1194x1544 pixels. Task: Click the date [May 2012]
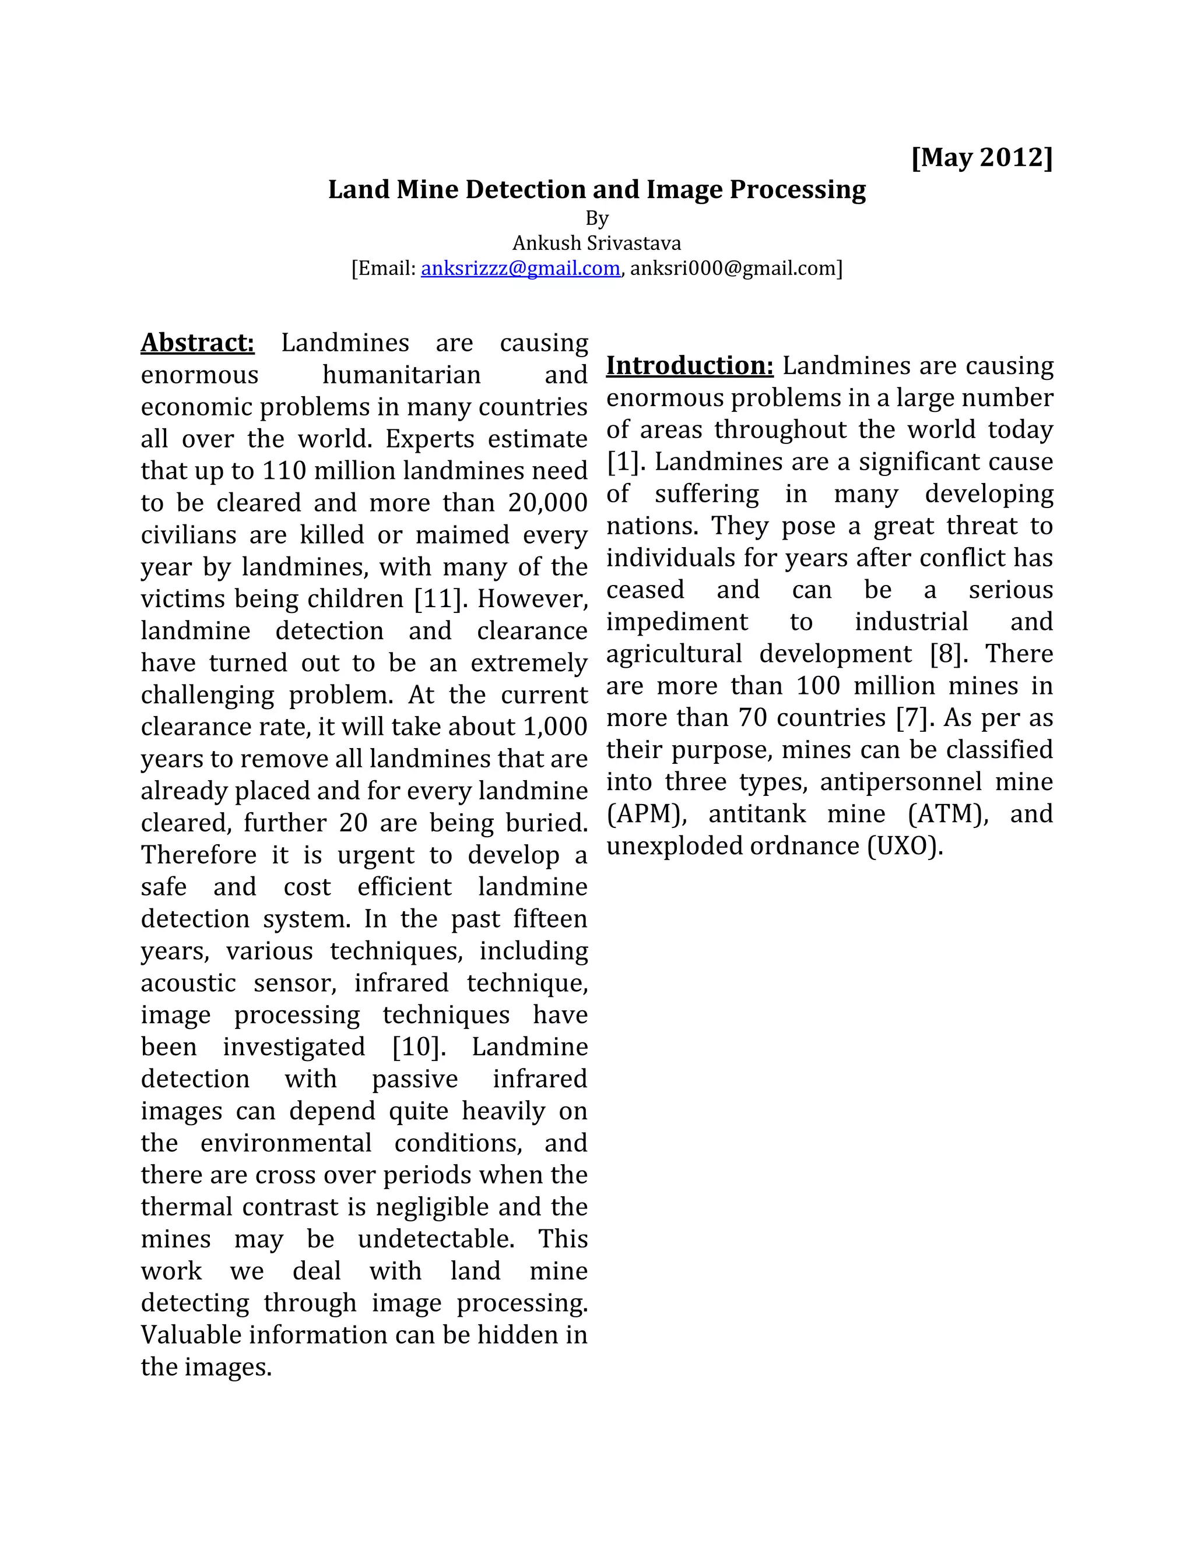(x=982, y=157)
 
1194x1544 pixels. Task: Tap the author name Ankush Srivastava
(x=596, y=243)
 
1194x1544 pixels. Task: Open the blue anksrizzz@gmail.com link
(x=520, y=269)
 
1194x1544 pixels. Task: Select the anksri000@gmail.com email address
(x=733, y=269)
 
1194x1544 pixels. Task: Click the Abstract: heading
(x=198, y=343)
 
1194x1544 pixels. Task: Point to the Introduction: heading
(x=690, y=365)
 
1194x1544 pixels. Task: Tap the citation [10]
(x=419, y=1047)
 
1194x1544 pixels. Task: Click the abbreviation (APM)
(x=647, y=814)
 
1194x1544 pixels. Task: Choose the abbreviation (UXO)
(x=905, y=846)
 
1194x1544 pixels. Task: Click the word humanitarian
(x=401, y=375)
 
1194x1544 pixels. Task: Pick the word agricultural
(x=673, y=654)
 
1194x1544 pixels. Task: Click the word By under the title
(x=596, y=218)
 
